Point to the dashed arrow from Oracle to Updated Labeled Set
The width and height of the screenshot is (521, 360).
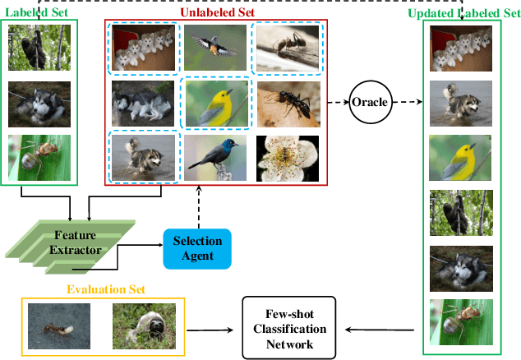pos(408,102)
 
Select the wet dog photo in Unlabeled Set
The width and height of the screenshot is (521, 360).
pos(143,156)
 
